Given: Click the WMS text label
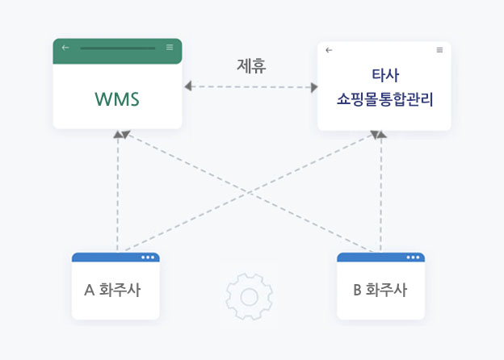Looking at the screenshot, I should tap(117, 100).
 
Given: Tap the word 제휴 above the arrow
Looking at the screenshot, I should tap(251, 65).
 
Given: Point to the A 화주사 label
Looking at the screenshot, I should tap(112, 289).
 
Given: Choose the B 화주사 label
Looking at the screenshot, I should tap(380, 289).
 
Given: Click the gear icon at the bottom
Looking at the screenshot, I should tap(249, 296).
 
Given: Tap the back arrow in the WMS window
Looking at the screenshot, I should tap(65, 48).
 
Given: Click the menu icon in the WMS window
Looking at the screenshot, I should tap(170, 48).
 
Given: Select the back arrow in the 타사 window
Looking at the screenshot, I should tap(329, 50).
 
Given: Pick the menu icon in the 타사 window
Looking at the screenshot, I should tap(439, 50).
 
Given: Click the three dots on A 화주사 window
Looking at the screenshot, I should tap(148, 257).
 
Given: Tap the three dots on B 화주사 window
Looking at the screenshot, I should tap(414, 257).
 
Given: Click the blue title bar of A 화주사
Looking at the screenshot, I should tap(105, 257).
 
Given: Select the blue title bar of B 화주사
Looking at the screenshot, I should tap(372, 257).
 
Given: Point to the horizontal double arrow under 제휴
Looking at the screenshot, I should tap(250, 86).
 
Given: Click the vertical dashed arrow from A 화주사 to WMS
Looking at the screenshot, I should tap(118, 194).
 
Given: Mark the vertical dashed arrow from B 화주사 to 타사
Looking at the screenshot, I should tap(381, 194).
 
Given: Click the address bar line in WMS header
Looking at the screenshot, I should tap(117, 48).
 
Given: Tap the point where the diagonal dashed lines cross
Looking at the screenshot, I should tap(250, 192).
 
